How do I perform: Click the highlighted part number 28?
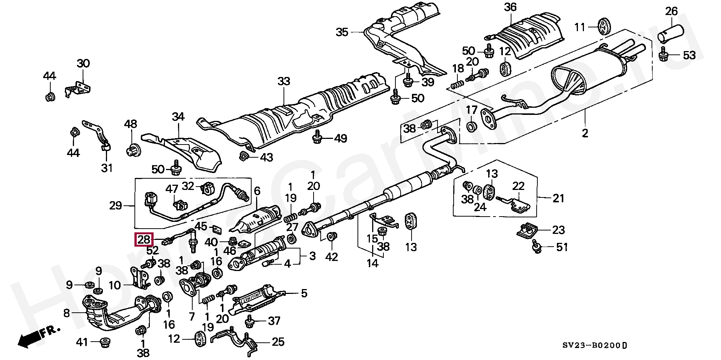click(x=143, y=239)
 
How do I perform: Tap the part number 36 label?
click(x=510, y=7)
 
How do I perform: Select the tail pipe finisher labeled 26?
click(x=671, y=32)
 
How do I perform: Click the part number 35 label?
click(x=342, y=32)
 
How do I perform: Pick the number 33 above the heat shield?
click(x=284, y=81)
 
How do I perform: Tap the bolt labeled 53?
click(x=664, y=56)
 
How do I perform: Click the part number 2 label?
click(x=585, y=133)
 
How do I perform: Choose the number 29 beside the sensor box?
click(x=116, y=206)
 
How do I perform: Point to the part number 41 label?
click(x=82, y=342)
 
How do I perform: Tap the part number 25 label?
click(x=278, y=342)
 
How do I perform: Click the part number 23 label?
click(x=558, y=230)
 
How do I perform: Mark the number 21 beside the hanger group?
click(x=558, y=198)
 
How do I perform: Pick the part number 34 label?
click(x=178, y=117)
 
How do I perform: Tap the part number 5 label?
click(x=303, y=293)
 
